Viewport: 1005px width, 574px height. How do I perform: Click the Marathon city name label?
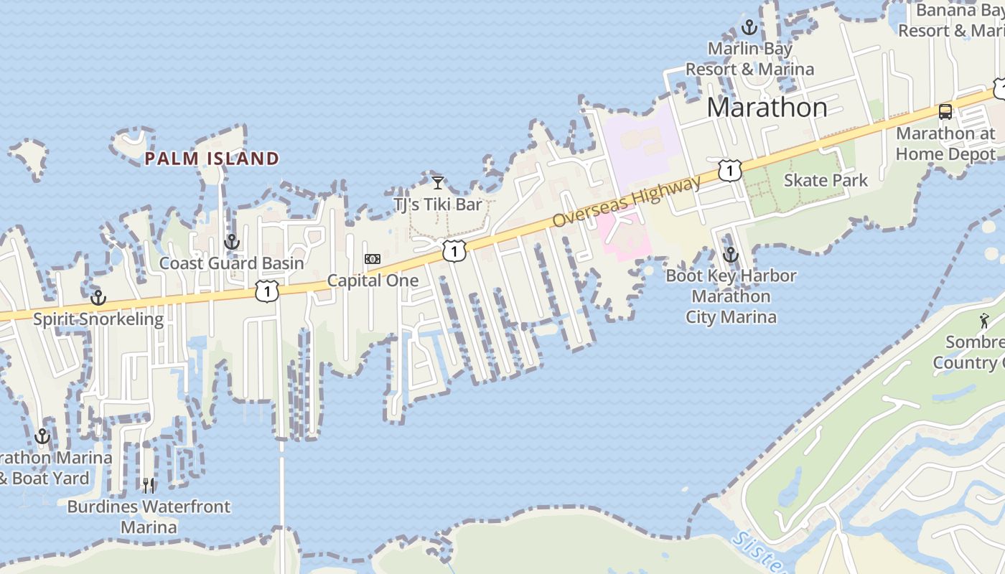pyautogui.click(x=767, y=108)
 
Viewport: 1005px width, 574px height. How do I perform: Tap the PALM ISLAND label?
pyautogui.click(x=212, y=159)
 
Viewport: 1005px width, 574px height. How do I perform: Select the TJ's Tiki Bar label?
pyautogui.click(x=438, y=204)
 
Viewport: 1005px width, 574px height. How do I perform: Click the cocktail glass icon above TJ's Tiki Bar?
pyautogui.click(x=438, y=182)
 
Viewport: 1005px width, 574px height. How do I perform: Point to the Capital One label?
pyautogui.click(x=373, y=281)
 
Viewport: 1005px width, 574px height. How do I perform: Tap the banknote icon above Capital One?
pyautogui.click(x=373, y=259)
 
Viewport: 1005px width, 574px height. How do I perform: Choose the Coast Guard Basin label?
pyautogui.click(x=232, y=263)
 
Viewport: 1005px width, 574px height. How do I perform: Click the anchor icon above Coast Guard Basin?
pyautogui.click(x=231, y=242)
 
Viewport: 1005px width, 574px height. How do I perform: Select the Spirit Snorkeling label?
pyautogui.click(x=98, y=319)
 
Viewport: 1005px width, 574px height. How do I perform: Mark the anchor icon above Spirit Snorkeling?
pyautogui.click(x=98, y=297)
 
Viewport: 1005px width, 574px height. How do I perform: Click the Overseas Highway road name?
pyautogui.click(x=627, y=202)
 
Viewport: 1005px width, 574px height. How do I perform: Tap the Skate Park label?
pyautogui.click(x=826, y=180)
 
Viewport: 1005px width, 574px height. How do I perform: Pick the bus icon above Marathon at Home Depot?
pyautogui.click(x=945, y=112)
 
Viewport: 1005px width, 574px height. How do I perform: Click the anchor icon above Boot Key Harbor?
pyautogui.click(x=730, y=255)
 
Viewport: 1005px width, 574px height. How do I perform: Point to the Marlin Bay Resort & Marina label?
pyautogui.click(x=749, y=59)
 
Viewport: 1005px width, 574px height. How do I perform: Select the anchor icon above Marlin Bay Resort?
pyautogui.click(x=749, y=28)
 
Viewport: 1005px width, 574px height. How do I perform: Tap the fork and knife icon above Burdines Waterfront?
pyautogui.click(x=149, y=486)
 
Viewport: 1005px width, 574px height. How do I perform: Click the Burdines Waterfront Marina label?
pyautogui.click(x=149, y=517)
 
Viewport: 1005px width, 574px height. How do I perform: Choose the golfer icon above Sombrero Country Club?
pyautogui.click(x=984, y=321)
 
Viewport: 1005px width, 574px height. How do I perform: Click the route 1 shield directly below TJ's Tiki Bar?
pyautogui.click(x=454, y=251)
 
